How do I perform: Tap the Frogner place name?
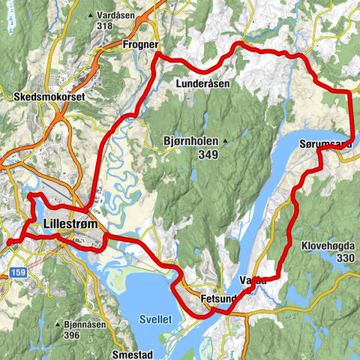(x=137, y=45)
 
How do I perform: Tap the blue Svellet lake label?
(x=155, y=319)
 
